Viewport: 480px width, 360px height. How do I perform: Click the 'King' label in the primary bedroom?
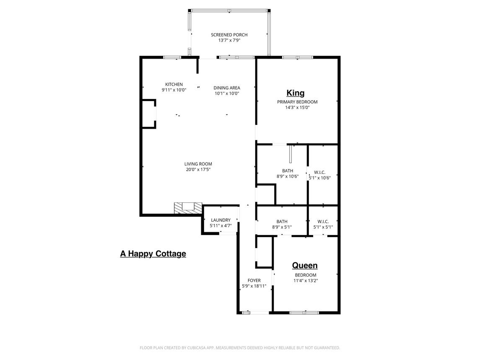tap(296, 93)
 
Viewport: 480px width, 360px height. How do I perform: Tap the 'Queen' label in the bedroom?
tap(305, 265)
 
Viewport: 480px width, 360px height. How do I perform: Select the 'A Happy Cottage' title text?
tap(153, 254)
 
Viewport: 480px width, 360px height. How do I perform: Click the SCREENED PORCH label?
tap(229, 35)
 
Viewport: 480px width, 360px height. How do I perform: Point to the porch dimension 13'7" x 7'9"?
tap(229, 41)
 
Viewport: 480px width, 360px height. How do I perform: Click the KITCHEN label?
tap(174, 84)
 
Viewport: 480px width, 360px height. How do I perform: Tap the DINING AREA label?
tap(227, 88)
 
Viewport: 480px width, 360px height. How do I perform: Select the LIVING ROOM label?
tap(198, 164)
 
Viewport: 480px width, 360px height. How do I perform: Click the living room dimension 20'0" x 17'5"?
tap(198, 170)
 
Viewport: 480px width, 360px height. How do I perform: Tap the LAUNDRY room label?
tap(221, 220)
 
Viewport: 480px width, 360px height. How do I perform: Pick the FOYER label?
tap(254, 280)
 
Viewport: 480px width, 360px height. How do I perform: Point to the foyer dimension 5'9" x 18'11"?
tap(254, 286)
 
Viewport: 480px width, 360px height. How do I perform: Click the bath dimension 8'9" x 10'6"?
tap(288, 176)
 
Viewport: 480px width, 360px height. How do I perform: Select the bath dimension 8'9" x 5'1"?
tap(282, 227)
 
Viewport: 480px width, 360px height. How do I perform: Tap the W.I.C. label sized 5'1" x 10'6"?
tap(320, 172)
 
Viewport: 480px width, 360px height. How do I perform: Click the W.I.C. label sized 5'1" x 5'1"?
tap(323, 221)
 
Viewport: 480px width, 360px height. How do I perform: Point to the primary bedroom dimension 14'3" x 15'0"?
tap(297, 107)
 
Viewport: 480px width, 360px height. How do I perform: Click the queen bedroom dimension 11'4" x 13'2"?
tap(305, 281)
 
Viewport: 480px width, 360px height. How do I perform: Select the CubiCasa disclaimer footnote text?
tap(239, 347)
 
